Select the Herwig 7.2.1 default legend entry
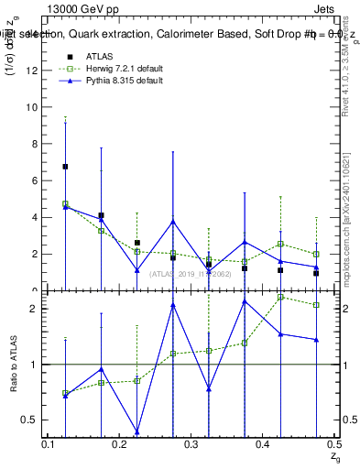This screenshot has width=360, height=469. (x=114, y=68)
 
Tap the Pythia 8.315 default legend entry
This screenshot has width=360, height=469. (x=112, y=81)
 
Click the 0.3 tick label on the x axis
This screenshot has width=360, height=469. (x=191, y=444)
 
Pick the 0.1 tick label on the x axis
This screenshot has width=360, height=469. (x=49, y=444)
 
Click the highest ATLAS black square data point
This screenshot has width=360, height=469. (x=65, y=167)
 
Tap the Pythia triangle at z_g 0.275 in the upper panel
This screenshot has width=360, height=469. (x=172, y=222)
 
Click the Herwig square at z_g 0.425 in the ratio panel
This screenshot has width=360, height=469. (x=280, y=297)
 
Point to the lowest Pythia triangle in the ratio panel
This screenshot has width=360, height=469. (x=136, y=431)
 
